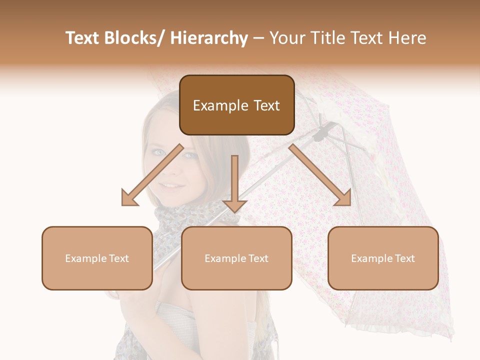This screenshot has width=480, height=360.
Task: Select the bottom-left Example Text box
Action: pos(97,258)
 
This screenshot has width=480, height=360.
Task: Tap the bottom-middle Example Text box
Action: pos(236,258)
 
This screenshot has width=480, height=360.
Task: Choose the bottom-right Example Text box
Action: pos(383,258)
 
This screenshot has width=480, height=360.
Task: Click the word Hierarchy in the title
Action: pos(209,38)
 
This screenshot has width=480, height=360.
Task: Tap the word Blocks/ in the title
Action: pos(134,38)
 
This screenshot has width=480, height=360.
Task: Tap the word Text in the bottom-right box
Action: pos(404,258)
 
